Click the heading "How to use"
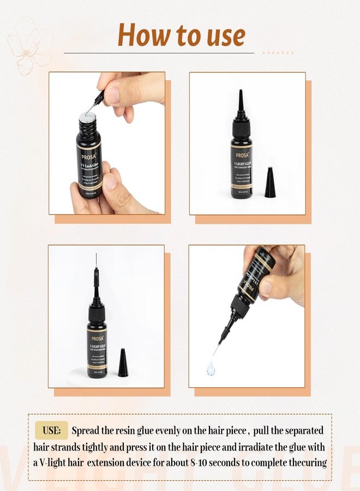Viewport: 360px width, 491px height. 181,35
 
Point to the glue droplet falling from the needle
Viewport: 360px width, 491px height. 211,369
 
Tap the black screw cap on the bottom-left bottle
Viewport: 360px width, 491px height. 97,314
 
